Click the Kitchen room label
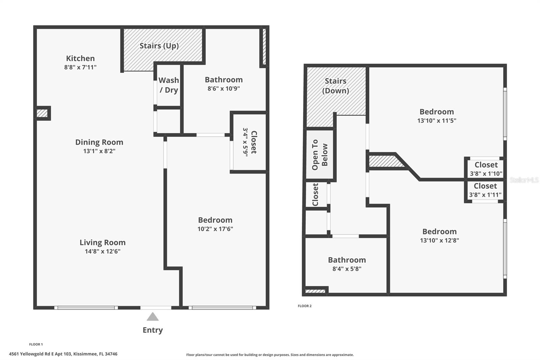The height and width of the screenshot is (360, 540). click(80, 58)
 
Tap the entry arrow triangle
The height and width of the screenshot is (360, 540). click(153, 317)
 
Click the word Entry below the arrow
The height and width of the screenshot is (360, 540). click(153, 330)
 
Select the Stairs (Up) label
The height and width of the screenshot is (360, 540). click(159, 46)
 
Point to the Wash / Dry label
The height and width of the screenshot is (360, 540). click(169, 85)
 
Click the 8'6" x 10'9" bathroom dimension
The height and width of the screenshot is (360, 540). click(223, 88)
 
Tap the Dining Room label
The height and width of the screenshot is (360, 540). click(99, 142)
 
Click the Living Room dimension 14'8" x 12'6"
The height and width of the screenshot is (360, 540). click(103, 251)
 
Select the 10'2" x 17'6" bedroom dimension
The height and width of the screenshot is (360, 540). click(215, 229)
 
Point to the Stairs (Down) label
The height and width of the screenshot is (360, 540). click(335, 86)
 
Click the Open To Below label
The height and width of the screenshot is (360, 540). click(320, 155)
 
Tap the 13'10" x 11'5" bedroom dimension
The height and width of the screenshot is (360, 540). click(436, 121)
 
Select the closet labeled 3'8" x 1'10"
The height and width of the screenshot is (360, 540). click(486, 169)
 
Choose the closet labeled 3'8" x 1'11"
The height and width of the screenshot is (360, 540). click(485, 190)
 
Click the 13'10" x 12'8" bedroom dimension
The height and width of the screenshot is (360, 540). click(439, 240)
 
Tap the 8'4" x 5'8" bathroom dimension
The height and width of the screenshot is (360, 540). click(347, 269)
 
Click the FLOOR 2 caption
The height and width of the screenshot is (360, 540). click(304, 306)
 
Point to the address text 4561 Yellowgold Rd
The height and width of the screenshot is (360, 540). click(63, 354)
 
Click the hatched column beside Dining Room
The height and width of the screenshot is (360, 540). click(42, 113)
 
